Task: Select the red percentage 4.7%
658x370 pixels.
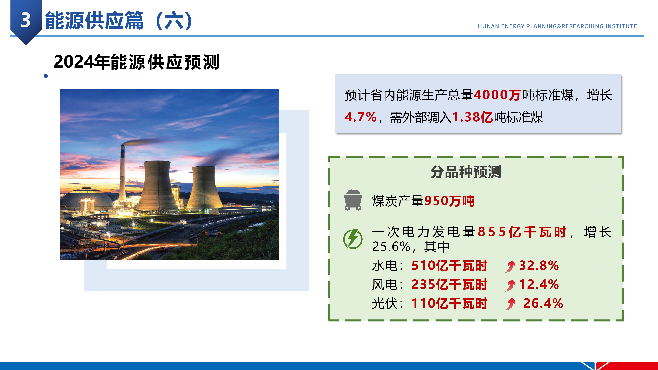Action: pyautogui.click(x=360, y=117)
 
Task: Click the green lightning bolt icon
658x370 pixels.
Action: pyautogui.click(x=353, y=239)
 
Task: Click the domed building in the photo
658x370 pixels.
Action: pyautogui.click(x=87, y=199)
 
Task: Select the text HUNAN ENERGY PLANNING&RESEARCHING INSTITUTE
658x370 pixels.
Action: pyautogui.click(x=557, y=26)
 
